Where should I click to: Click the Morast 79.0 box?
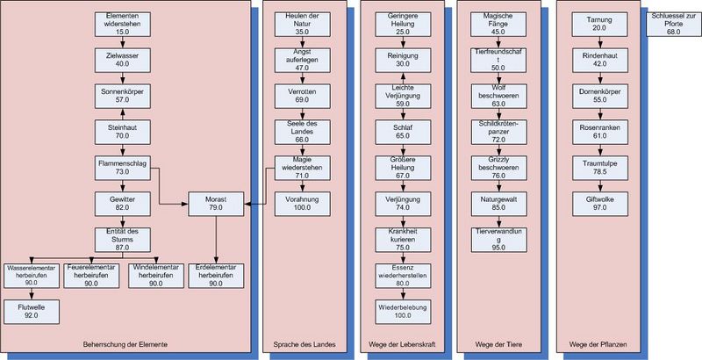pos(216,204)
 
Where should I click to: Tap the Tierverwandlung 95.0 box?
pos(498,239)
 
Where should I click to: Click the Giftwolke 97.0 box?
pos(598,204)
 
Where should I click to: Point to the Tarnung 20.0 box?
pos(598,24)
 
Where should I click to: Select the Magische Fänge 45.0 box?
pos(498,24)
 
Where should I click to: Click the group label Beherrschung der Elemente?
pos(125,342)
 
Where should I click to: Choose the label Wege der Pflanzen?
pos(598,342)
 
